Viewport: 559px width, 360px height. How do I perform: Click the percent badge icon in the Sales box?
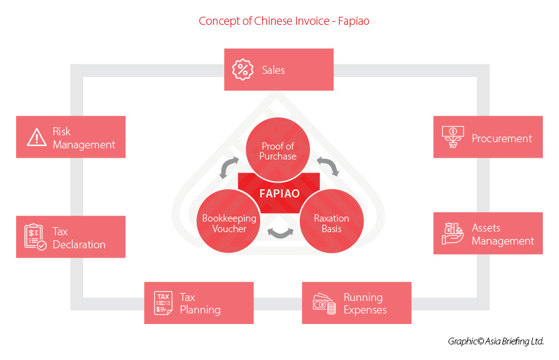click(x=243, y=70)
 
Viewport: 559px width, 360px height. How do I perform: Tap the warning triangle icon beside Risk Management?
click(x=37, y=137)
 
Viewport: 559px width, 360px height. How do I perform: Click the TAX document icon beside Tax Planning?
click(x=163, y=303)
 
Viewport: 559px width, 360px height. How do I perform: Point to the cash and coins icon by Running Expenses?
click(x=324, y=304)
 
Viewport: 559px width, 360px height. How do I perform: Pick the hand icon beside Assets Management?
click(x=453, y=233)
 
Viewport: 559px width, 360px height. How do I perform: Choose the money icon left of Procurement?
click(x=452, y=137)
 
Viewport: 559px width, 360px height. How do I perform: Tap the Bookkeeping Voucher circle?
click(x=229, y=223)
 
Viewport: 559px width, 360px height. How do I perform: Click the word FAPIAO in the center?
click(x=279, y=193)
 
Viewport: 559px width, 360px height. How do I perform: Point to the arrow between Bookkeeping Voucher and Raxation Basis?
click(x=281, y=234)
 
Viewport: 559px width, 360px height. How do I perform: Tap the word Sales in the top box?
click(x=273, y=70)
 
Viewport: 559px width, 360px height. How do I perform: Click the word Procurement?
click(x=501, y=138)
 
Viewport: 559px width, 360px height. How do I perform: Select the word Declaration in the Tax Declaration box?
click(x=79, y=245)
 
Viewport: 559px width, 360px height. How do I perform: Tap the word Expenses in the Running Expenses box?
click(x=365, y=310)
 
